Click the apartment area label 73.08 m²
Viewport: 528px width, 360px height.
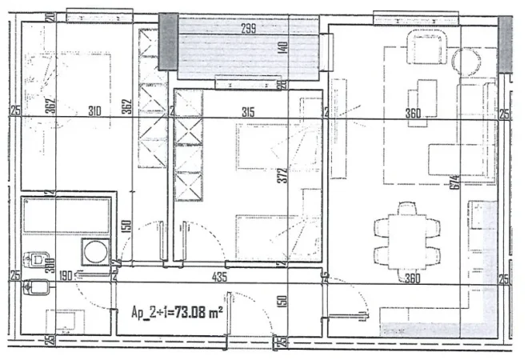click(x=176, y=312)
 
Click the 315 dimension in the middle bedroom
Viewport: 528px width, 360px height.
click(x=247, y=113)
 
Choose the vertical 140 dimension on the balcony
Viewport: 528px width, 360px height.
click(x=282, y=47)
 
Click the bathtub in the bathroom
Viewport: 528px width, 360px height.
click(x=67, y=215)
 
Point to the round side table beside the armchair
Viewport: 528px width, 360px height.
click(x=467, y=61)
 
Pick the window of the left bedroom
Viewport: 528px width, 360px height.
click(x=88, y=16)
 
